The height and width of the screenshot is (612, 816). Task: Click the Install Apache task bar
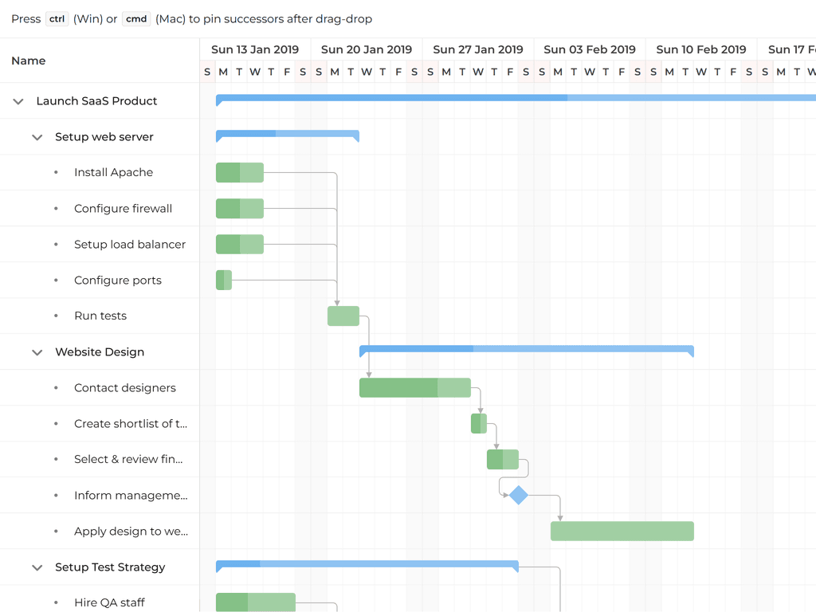tap(239, 172)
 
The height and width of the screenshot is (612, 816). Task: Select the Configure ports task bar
tap(224, 280)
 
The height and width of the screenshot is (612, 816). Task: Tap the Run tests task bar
tap(343, 316)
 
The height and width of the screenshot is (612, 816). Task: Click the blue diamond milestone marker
tap(519, 496)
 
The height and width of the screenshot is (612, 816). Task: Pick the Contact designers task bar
tap(415, 388)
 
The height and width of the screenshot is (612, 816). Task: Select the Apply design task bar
tap(622, 532)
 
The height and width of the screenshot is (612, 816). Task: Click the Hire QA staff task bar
tap(255, 602)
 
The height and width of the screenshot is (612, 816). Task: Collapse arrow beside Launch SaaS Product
tap(18, 101)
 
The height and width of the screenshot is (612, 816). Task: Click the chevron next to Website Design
tap(37, 352)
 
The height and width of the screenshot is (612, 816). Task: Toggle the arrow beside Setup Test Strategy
tap(37, 567)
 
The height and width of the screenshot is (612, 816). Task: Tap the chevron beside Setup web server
tap(37, 137)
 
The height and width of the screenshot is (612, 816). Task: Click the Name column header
tap(29, 61)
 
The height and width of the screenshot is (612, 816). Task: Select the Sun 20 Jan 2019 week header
tap(367, 49)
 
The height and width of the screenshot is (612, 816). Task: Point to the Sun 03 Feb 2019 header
tap(590, 49)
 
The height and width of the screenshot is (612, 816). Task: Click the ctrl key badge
tap(57, 18)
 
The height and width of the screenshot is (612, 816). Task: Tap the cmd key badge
tap(136, 18)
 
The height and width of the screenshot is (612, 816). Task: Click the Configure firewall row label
tap(123, 209)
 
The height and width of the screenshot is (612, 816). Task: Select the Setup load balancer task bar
tap(239, 245)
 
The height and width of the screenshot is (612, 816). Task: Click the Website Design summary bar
tap(526, 349)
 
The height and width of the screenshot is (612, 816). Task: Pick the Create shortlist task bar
tap(479, 424)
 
